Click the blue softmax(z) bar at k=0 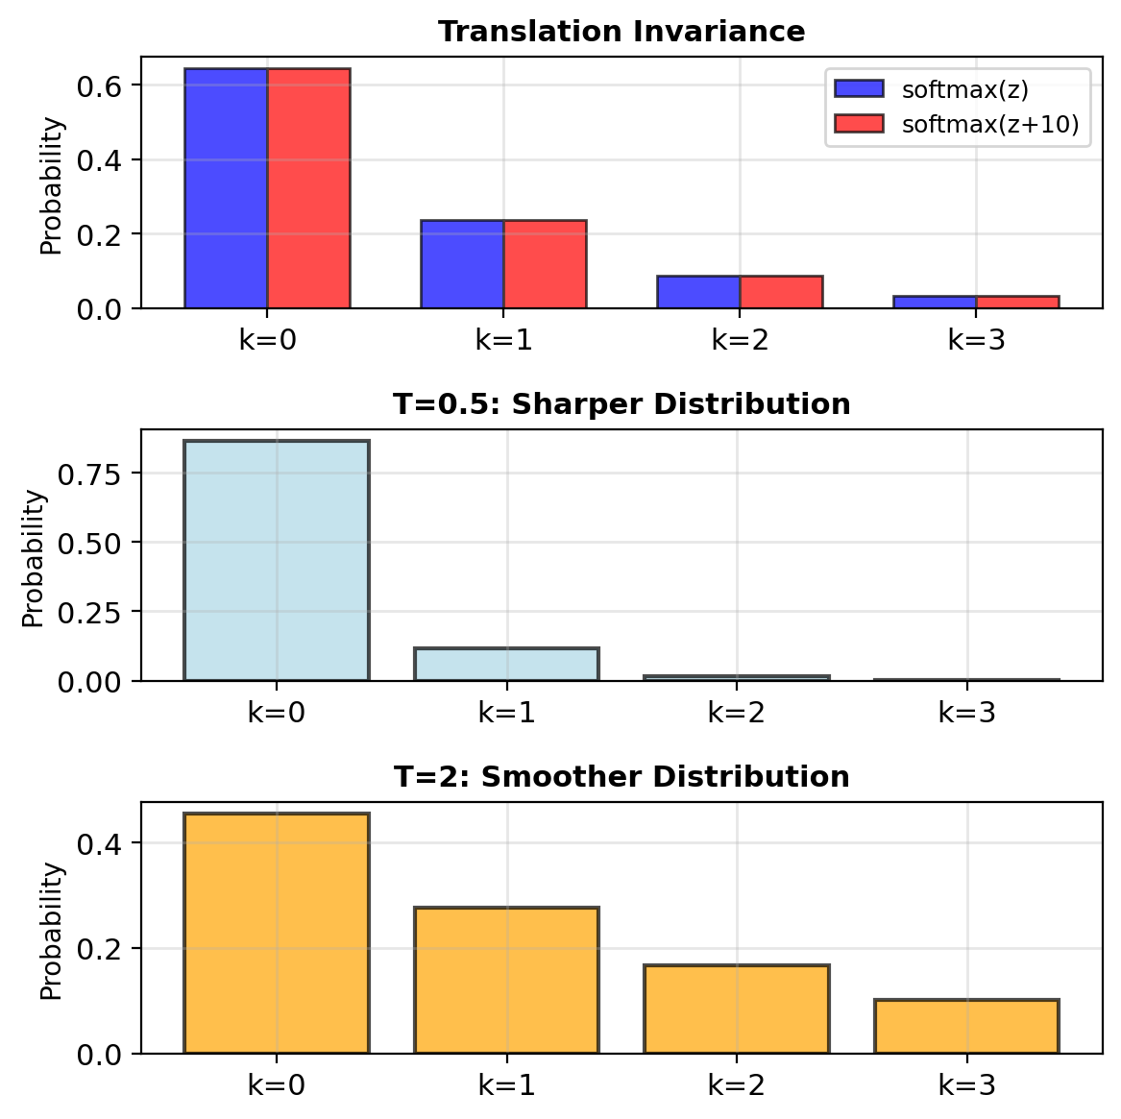tap(226, 188)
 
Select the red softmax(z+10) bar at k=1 tap(545, 264)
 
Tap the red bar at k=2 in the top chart tap(781, 292)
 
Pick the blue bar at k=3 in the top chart tap(936, 302)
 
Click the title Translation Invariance tap(621, 32)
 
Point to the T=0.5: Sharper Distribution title tap(621, 404)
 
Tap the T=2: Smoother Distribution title tap(621, 777)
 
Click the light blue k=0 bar tap(276, 560)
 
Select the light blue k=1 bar tap(506, 664)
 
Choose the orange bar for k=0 tap(276, 934)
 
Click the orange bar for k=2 tap(737, 1010)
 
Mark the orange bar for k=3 tap(966, 1027)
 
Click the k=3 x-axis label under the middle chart tap(966, 713)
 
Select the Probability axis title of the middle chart tap(35, 558)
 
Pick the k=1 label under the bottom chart tap(506, 1085)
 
